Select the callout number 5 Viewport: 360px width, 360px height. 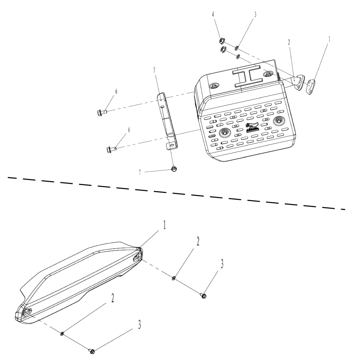coord(154,69)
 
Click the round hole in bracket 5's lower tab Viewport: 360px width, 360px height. coord(172,145)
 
